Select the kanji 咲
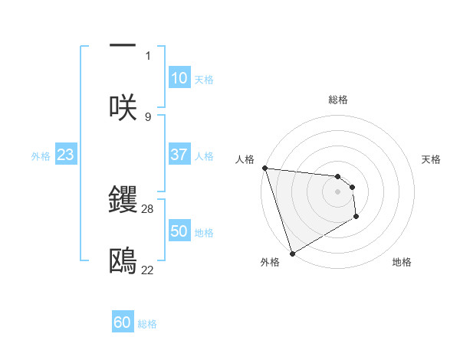click(123, 107)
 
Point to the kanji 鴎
click(123, 262)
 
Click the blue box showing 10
click(179, 78)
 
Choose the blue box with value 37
click(179, 155)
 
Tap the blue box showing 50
click(179, 231)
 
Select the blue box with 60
click(123, 322)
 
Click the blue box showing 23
click(65, 155)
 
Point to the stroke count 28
click(148, 208)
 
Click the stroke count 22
click(148, 270)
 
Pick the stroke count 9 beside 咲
click(148, 116)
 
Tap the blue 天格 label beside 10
click(204, 80)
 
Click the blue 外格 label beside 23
click(41, 155)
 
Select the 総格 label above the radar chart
click(338, 100)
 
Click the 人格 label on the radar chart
click(245, 159)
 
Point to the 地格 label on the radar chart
click(402, 262)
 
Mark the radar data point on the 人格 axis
click(264, 168)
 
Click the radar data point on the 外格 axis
click(292, 253)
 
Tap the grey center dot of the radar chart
click(337, 191)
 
